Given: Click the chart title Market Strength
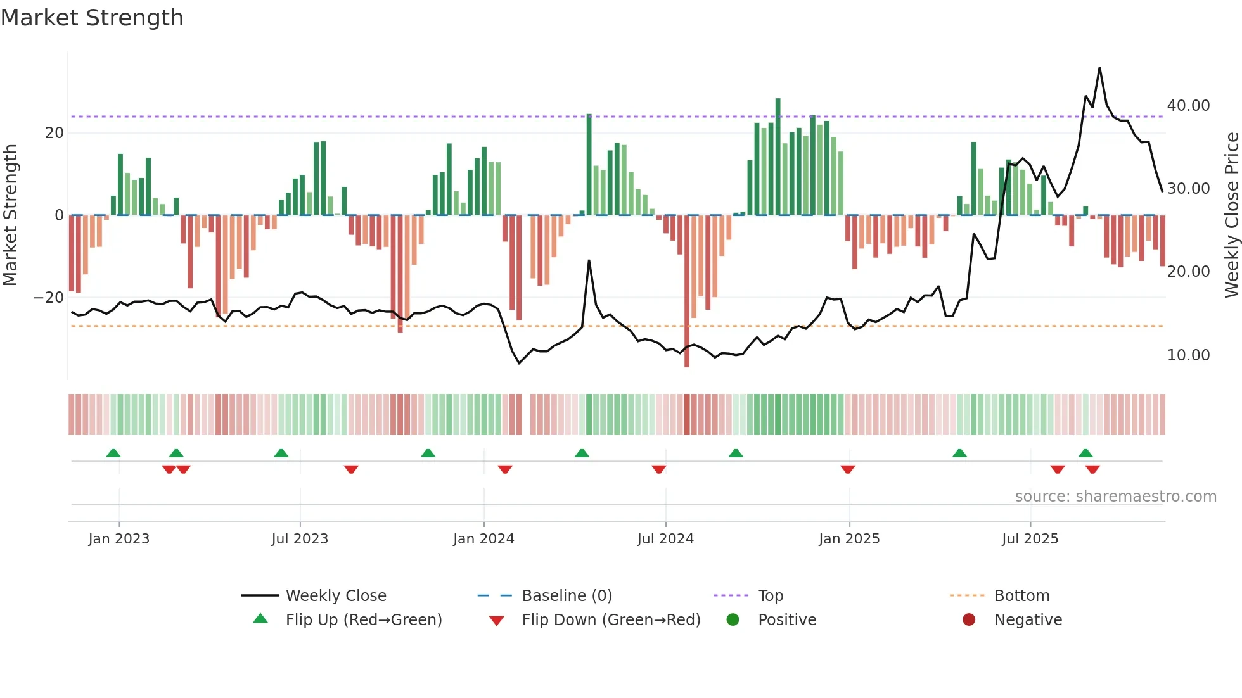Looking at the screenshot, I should [x=93, y=18].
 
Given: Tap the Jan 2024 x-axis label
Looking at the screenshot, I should [x=483, y=539].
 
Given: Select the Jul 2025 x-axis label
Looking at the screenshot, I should [x=1030, y=539].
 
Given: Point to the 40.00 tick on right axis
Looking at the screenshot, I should [x=1188, y=106].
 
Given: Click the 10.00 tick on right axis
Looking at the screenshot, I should [x=1188, y=355].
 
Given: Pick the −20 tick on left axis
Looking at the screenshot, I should [x=49, y=298].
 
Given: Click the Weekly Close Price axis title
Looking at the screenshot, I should [x=1231, y=215].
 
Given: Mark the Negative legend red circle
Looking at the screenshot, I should [x=969, y=620].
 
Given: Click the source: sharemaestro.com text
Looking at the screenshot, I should [x=1115, y=497].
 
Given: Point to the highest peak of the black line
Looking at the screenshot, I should [x=1099, y=68].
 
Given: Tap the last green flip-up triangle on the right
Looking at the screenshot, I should [x=1085, y=454].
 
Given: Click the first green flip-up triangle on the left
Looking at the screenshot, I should [x=113, y=454].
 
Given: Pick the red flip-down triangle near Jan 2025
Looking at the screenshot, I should [x=848, y=469].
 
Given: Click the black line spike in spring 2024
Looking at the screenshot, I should [x=589, y=261].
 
